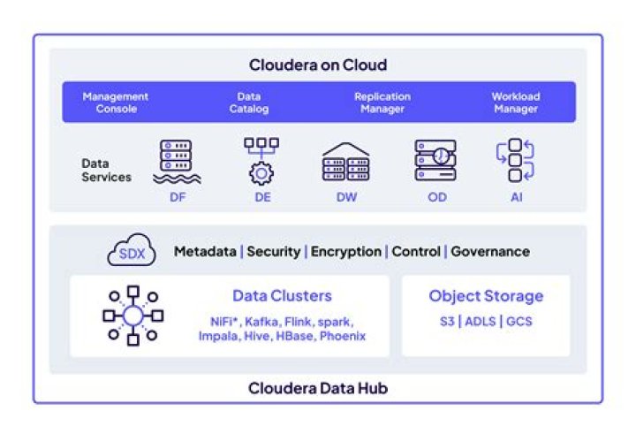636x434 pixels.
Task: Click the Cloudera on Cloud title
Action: pyautogui.click(x=317, y=65)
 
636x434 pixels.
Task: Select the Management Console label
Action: pyautogui.click(x=115, y=103)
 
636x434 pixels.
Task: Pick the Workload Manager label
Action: pyautogui.click(x=516, y=103)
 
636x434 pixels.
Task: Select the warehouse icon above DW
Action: pyautogui.click(x=345, y=162)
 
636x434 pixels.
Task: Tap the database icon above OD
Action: pyautogui.click(x=435, y=160)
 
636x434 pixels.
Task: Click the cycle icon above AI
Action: pyautogui.click(x=515, y=161)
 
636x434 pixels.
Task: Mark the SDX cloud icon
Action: pyautogui.click(x=131, y=252)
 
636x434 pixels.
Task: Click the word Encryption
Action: pyautogui.click(x=345, y=252)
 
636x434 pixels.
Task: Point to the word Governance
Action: pyautogui.click(x=490, y=252)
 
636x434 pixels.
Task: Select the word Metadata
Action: pyautogui.click(x=205, y=252)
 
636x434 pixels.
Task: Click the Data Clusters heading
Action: pyautogui.click(x=282, y=296)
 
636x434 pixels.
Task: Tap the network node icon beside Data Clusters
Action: pyautogui.click(x=132, y=316)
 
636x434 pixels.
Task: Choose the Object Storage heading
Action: pyautogui.click(x=486, y=296)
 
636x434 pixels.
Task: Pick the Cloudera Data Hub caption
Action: pyautogui.click(x=317, y=388)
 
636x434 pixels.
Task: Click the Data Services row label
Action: pyautogui.click(x=106, y=171)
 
